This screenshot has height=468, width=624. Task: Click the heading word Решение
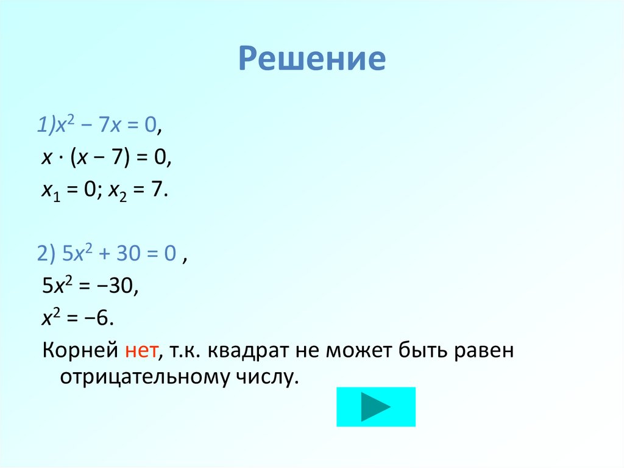311,59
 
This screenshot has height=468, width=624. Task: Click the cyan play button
375,406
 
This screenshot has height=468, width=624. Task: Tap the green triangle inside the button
374,406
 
